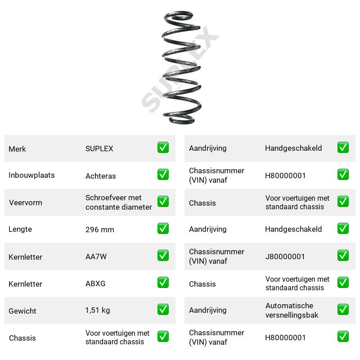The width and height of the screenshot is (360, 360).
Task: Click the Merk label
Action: pos(17,149)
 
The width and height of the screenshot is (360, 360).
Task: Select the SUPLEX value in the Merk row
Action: pos(99,148)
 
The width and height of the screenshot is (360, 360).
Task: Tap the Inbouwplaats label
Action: pos(31,175)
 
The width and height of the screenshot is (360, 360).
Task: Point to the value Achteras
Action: pos(100,176)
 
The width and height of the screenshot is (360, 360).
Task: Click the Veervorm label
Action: pos(26,202)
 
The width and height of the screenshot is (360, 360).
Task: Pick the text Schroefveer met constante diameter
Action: pos(118,202)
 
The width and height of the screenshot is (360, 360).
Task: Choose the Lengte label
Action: pos(20,229)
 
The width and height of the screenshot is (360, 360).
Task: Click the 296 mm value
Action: pos(99,229)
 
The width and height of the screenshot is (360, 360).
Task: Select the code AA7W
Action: pos(96,256)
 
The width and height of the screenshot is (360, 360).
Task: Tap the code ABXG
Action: pos(95,283)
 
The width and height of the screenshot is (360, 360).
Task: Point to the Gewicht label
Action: pos(22,311)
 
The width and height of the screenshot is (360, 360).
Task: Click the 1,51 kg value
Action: pos(98,310)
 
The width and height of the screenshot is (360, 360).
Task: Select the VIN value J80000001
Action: pos(285,256)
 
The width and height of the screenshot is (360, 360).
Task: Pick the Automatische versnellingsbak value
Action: pos(292,310)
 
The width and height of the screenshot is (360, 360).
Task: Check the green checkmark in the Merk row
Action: pos(163,148)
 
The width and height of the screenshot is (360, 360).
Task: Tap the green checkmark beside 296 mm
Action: pos(163,229)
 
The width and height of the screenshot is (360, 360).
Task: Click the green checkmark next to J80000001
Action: pos(343,256)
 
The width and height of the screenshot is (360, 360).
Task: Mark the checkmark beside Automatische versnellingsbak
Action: pos(343,310)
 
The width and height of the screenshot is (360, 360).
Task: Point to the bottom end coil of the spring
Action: pos(181,121)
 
